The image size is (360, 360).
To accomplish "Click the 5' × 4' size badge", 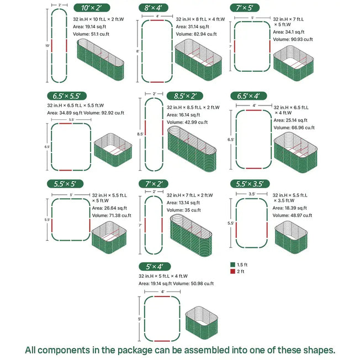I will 155,266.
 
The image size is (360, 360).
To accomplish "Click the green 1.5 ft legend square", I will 233,264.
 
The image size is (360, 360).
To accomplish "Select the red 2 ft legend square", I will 233,271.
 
